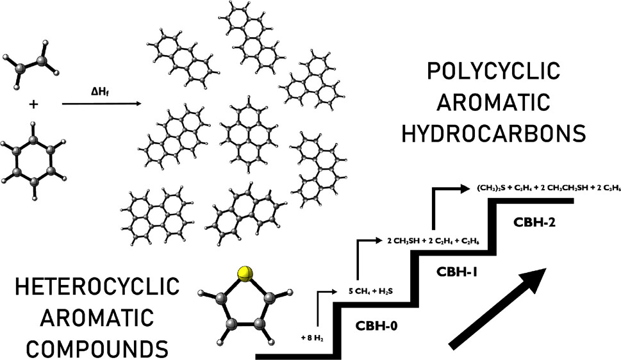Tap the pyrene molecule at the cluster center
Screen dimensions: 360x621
point(249,135)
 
